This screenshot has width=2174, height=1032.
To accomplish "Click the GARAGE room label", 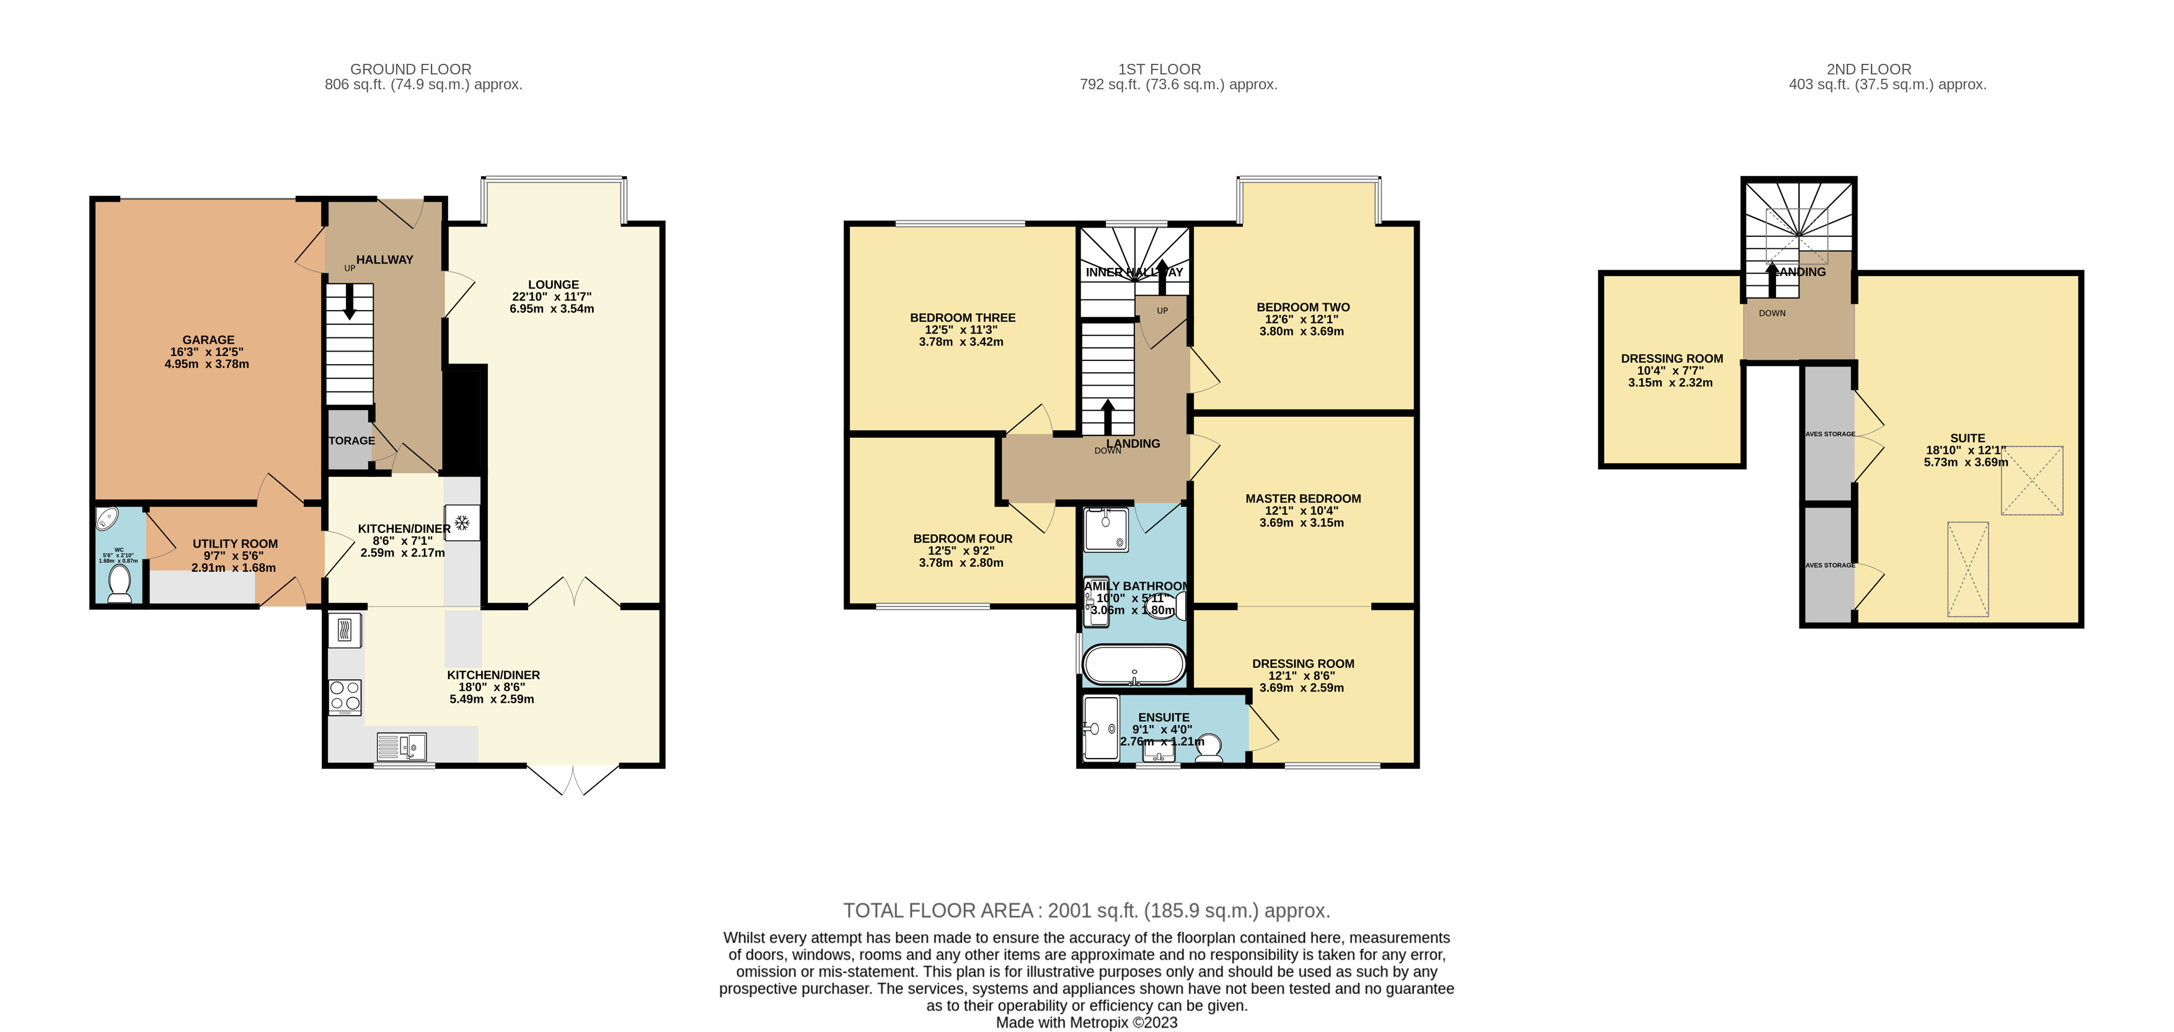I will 208,339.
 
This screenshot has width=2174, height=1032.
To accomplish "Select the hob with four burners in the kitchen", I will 345,698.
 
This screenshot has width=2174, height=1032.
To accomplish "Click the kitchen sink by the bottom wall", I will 402,747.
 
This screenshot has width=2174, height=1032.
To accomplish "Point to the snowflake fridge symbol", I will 462,523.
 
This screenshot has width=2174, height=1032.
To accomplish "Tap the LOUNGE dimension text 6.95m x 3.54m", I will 552,309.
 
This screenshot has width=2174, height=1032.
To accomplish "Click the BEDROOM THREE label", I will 962,318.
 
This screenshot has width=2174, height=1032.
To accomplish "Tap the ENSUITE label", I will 1164,717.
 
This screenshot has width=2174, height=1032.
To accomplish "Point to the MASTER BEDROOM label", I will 1303,498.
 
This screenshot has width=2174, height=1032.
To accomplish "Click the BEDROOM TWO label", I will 1303,308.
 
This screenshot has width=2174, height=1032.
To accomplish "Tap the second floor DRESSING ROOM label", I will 1672,358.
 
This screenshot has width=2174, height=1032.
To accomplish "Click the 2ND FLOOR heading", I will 1868,69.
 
